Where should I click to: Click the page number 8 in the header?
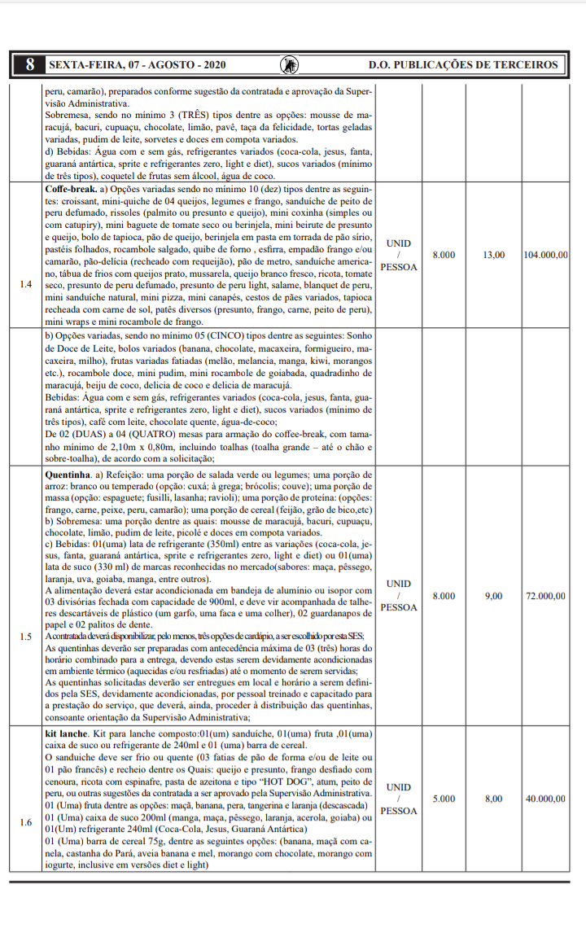(30, 64)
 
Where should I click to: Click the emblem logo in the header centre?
(288, 64)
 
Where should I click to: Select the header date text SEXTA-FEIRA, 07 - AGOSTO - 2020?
(138, 64)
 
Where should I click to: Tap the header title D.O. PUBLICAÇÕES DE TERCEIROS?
(463, 64)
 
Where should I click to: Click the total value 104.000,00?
(546, 255)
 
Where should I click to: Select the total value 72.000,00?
(546, 596)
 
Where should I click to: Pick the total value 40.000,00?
(546, 799)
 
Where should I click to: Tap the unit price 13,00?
(494, 255)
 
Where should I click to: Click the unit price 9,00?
(494, 596)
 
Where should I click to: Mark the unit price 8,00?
(494, 799)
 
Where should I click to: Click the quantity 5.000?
(444, 799)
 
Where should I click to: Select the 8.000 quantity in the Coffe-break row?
(444, 255)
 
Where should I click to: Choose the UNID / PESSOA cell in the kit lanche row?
(399, 799)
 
